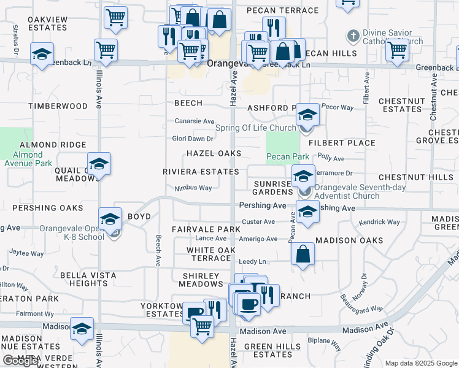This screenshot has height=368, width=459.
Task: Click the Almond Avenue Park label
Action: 28,159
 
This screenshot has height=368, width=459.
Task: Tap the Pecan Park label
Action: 288,157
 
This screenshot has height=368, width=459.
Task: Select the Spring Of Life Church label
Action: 256,128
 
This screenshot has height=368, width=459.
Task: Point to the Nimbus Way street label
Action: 193,188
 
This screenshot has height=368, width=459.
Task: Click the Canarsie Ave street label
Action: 195,121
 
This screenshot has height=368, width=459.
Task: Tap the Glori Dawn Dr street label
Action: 193,139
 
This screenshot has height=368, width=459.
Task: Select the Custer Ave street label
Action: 259,221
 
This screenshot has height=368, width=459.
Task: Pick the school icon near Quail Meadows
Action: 99,164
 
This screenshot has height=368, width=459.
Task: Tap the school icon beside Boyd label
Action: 110,219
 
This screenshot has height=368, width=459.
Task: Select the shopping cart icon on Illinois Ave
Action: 106,50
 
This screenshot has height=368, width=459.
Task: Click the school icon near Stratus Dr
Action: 42,54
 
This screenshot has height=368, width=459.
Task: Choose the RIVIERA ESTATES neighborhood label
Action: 201,172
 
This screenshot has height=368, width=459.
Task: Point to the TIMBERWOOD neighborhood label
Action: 58,106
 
